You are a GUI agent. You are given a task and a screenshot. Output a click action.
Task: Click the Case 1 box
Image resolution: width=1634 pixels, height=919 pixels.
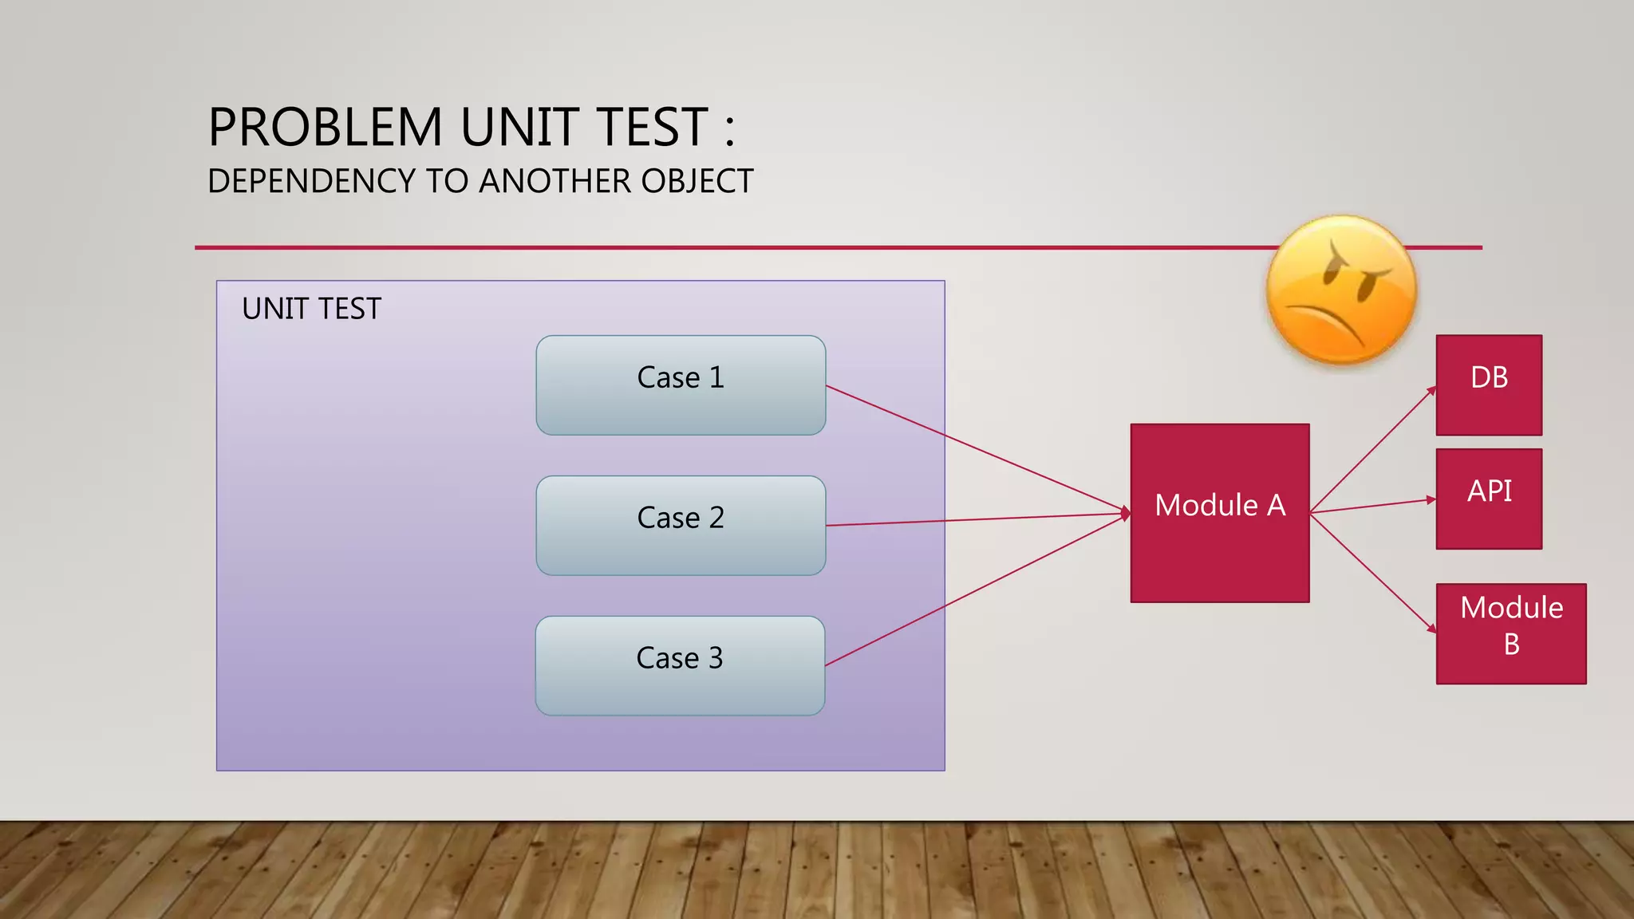pos(681,385)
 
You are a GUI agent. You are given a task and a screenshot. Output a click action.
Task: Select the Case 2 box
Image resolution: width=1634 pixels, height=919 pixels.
pos(681,526)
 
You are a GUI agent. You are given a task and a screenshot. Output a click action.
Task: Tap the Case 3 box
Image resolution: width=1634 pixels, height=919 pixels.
pos(680,666)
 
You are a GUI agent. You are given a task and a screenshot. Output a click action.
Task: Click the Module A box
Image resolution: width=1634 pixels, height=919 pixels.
pos(1220,513)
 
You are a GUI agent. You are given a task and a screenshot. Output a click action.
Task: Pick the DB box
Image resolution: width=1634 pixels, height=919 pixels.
pos(1489,385)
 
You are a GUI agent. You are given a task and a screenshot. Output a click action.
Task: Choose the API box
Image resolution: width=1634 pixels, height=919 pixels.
pos(1489,499)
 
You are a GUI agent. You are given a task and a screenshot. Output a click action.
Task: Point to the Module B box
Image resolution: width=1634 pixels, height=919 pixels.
pos(1511,633)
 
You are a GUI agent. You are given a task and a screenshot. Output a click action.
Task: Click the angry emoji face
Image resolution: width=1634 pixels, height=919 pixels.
pos(1341,289)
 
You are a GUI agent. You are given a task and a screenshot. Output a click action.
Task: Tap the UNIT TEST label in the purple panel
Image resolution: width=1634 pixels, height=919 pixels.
pos(311,309)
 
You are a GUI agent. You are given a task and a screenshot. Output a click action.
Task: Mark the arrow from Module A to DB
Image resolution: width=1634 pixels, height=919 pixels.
pos(1372,449)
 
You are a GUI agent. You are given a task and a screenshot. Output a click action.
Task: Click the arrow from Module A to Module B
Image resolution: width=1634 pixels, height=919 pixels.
pos(1372,573)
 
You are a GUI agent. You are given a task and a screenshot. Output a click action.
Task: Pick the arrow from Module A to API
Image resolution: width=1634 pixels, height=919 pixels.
pos(1372,506)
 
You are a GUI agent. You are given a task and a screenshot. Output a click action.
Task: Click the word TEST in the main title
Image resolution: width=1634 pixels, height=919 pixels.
pos(651,128)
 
